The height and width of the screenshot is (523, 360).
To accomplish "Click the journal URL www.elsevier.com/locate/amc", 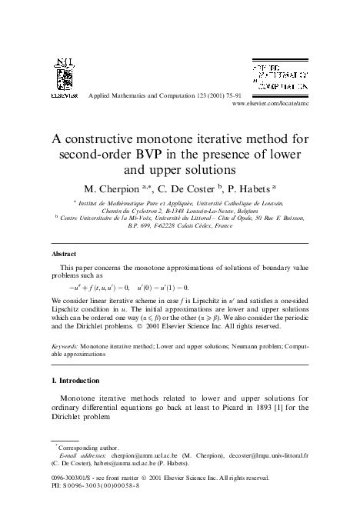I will pos(269,102).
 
